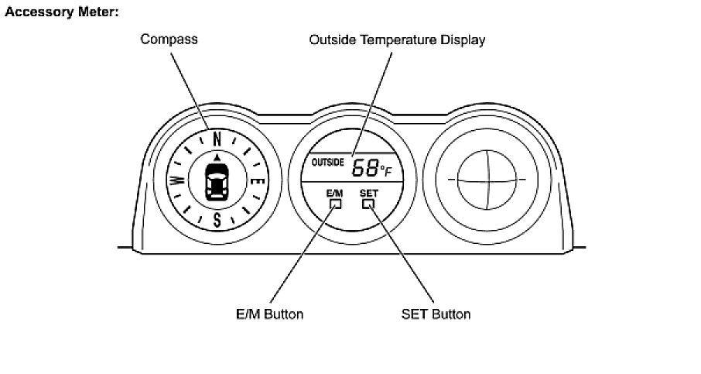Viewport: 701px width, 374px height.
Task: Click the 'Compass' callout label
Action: [169, 39]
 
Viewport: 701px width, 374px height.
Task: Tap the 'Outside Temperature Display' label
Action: [397, 39]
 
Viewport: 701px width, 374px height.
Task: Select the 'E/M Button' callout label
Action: [269, 314]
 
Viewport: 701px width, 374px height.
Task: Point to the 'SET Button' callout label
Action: [436, 314]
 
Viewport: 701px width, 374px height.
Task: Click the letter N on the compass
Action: [217, 139]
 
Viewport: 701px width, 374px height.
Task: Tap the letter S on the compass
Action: [217, 220]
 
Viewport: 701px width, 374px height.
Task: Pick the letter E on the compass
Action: [260, 183]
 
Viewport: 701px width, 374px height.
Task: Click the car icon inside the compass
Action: [217, 183]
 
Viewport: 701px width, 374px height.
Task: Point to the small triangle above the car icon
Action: [217, 157]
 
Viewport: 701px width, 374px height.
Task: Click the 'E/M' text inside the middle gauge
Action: [334, 193]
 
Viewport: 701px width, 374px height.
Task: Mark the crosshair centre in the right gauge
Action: [486, 180]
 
